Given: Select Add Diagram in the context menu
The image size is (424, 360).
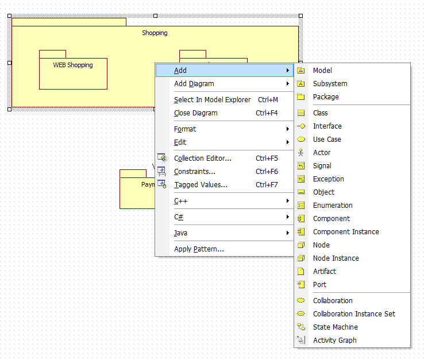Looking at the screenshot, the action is click(194, 84).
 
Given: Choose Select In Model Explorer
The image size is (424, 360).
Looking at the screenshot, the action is click(212, 100).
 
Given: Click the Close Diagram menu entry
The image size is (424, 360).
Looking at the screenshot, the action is click(196, 113).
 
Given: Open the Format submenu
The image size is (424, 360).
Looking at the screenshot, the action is click(185, 129).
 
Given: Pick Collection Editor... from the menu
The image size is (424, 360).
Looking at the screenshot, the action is click(203, 158).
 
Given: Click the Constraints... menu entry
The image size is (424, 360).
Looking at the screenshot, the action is click(195, 172).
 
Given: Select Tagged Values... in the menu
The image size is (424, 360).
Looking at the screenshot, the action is click(201, 185).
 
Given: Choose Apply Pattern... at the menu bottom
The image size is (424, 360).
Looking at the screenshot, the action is click(199, 249).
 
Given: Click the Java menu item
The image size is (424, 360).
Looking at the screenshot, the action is click(180, 233).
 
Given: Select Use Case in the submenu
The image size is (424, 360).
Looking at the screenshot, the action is click(327, 140).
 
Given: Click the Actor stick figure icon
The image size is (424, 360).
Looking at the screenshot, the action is click(300, 153).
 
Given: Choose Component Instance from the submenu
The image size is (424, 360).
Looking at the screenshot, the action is click(346, 232).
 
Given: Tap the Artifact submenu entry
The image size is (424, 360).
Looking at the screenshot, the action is click(325, 272).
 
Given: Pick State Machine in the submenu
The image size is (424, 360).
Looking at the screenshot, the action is click(336, 327).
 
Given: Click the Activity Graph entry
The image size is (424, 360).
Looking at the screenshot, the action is click(335, 340).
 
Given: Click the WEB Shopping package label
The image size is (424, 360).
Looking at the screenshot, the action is click(73, 65).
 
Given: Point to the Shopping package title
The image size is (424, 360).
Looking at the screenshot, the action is click(155, 33).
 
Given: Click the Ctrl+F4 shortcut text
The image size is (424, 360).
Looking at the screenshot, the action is click(267, 113).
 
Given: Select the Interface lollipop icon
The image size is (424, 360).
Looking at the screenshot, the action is click(301, 126).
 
